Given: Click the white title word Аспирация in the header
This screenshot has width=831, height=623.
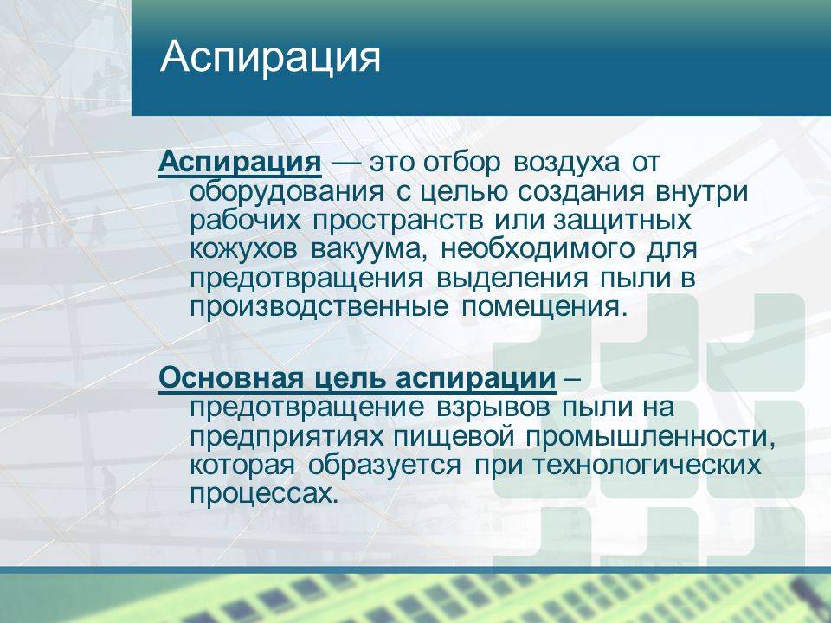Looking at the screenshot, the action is pos(270,58).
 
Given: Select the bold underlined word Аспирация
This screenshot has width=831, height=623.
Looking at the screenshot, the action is pos(240,162).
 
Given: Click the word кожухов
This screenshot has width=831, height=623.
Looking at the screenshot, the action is pos(244,249).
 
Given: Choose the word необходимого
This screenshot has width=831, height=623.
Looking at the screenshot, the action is pos(538,249).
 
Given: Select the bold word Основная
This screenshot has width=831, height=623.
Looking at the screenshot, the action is pos(232,378).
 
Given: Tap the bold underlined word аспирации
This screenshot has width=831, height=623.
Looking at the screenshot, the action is pos(476,379).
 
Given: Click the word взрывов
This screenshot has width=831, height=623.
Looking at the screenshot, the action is pos(493,408).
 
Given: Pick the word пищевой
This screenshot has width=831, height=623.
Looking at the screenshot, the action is pos(454,437).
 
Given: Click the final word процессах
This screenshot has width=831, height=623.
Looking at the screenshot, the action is pos(263,495).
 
